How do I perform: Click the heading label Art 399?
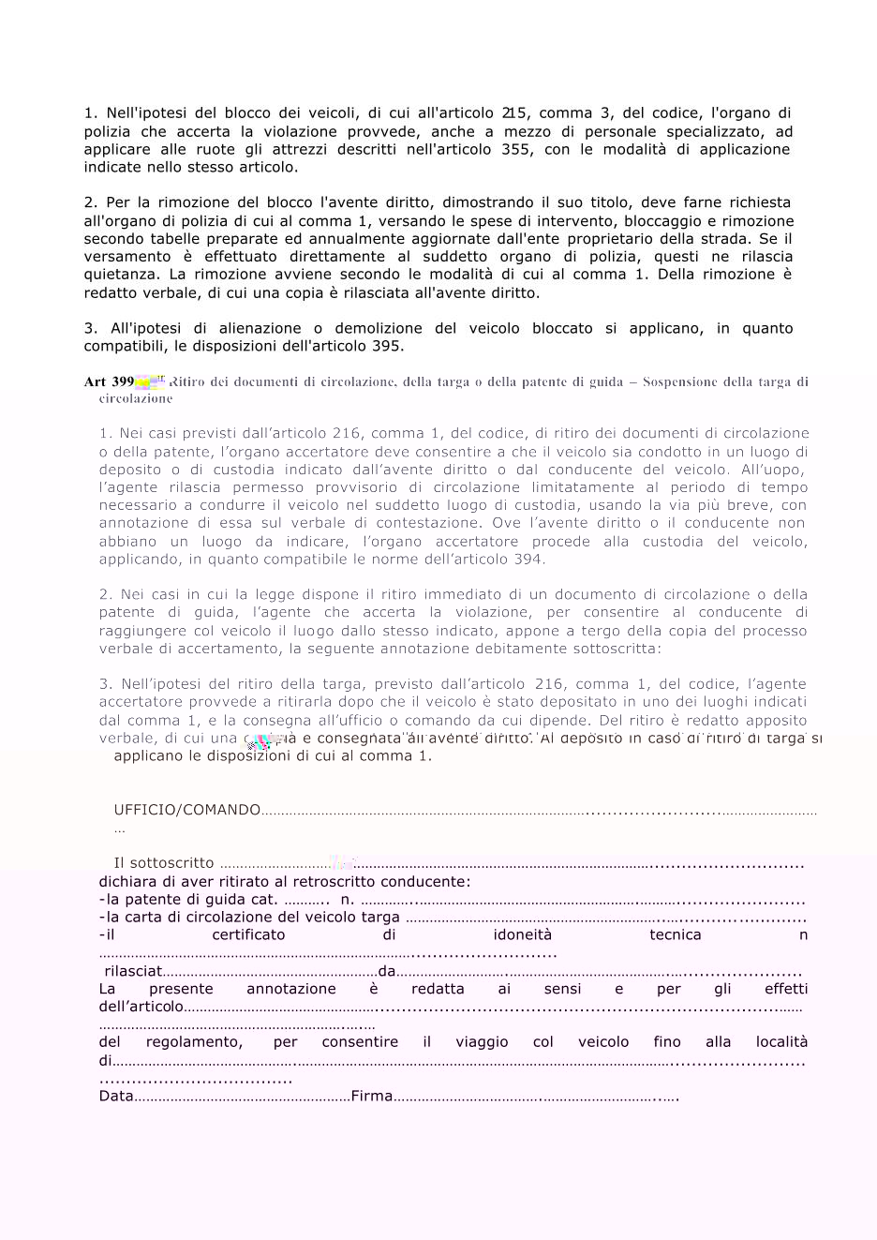(x=109, y=381)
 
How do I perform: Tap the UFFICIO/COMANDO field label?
(x=187, y=810)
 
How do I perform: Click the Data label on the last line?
(x=116, y=1096)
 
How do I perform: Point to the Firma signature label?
(x=372, y=1096)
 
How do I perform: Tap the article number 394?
(x=528, y=560)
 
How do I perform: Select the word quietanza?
(x=122, y=275)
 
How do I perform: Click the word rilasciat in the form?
(x=133, y=971)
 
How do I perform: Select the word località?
(x=781, y=1042)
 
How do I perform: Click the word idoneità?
(x=523, y=934)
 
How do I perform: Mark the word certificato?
(x=248, y=934)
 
